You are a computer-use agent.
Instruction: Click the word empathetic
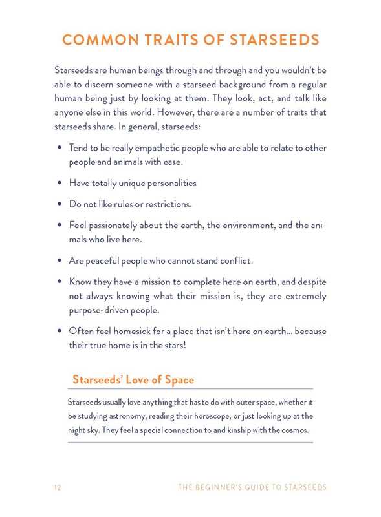[x=144, y=148]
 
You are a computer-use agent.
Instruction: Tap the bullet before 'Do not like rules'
[x=60, y=204]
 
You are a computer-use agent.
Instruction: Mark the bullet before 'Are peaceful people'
[x=60, y=261]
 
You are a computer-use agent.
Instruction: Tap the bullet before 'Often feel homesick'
[x=60, y=332]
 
